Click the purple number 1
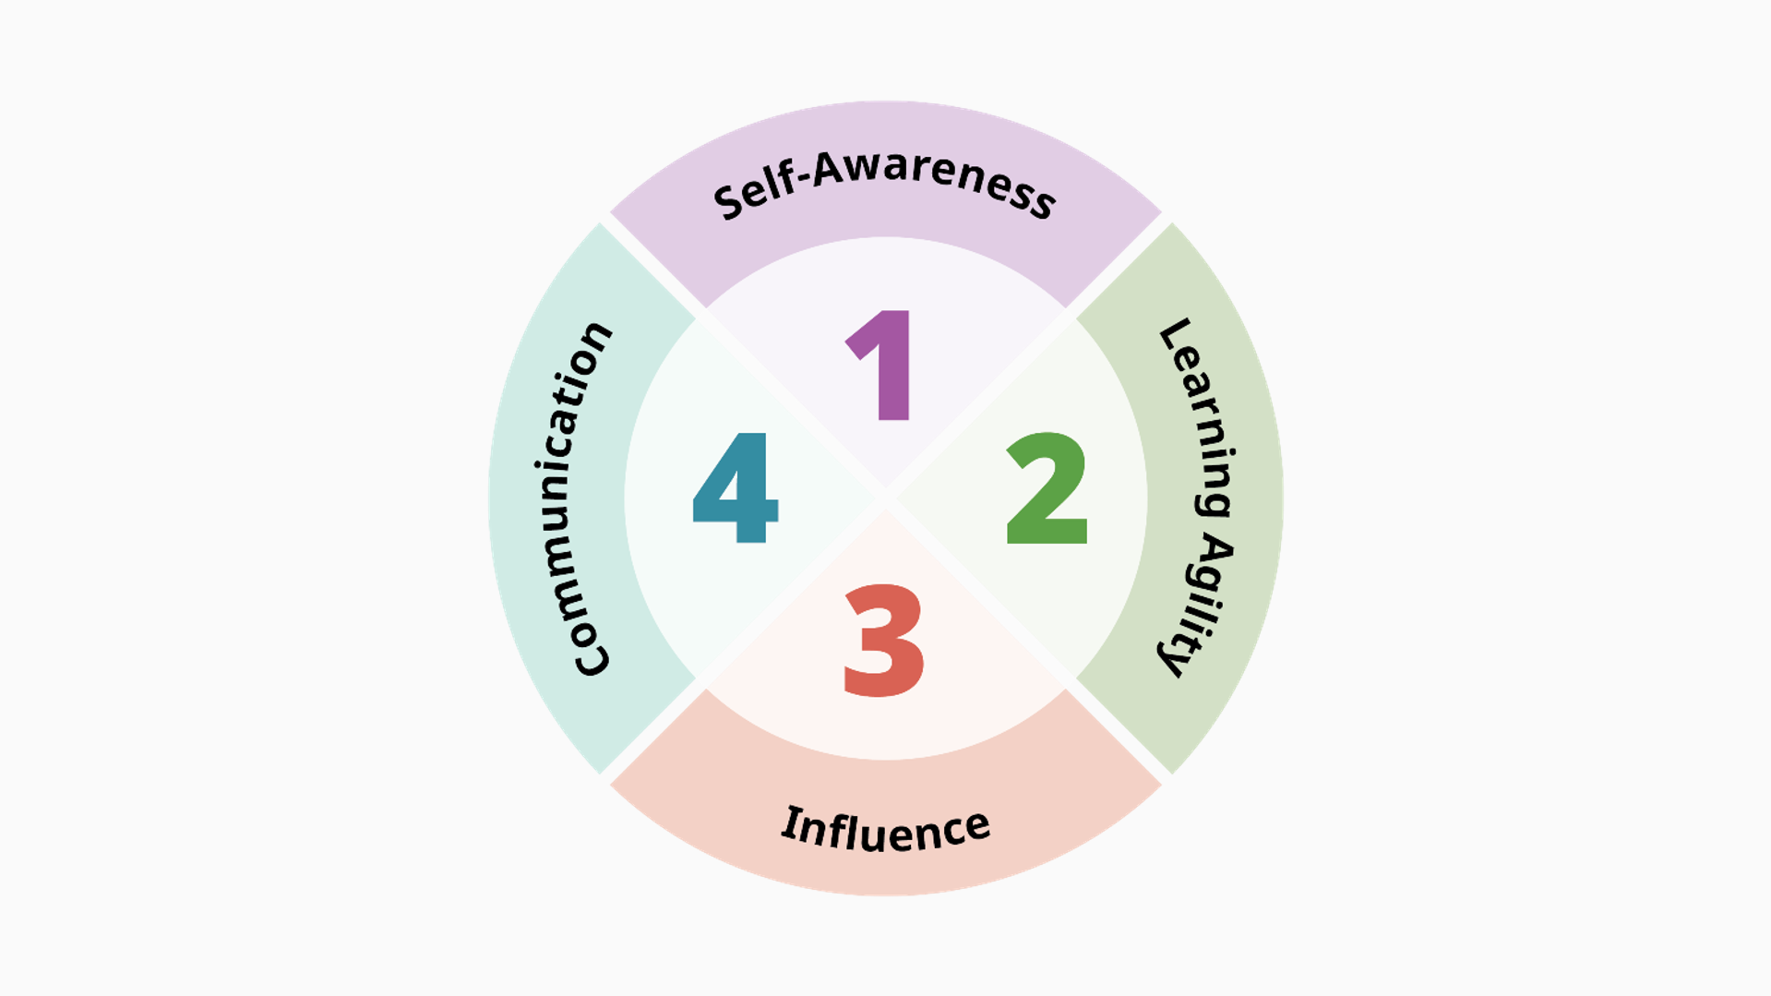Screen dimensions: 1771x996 (882, 366)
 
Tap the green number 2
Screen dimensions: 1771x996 (1047, 488)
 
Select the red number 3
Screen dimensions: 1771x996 (883, 641)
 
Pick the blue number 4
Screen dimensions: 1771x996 (736, 487)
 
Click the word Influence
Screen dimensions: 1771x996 (886, 828)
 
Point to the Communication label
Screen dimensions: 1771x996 (579, 498)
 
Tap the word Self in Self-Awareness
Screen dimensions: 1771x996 (755, 193)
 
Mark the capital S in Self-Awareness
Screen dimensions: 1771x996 (729, 202)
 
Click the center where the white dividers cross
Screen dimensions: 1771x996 (886, 498)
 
